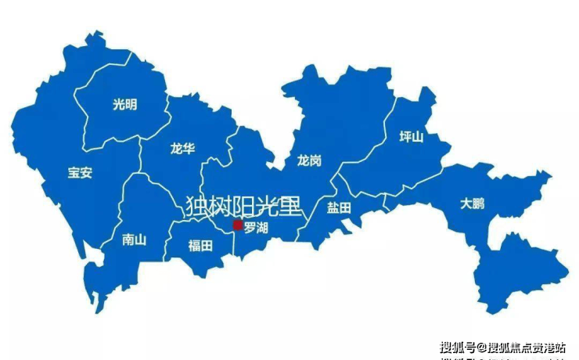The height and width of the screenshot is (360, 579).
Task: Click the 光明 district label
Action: (124, 104)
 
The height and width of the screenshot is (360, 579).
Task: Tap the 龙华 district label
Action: (182, 149)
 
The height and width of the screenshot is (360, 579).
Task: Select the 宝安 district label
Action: (80, 173)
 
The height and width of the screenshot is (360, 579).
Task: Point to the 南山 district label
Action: (135, 240)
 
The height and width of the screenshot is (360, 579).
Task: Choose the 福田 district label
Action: (200, 246)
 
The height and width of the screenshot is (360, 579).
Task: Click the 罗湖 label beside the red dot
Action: (256, 229)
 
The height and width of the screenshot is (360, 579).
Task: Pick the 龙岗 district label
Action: (309, 160)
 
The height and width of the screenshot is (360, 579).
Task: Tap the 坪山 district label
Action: (412, 137)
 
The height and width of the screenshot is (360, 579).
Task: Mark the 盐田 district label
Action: (338, 208)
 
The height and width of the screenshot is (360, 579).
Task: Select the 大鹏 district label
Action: (472, 203)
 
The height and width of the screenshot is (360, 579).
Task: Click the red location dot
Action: (238, 225)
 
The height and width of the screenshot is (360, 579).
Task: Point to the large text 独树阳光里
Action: (243, 206)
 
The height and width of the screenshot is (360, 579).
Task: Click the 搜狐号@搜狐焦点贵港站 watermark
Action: (502, 347)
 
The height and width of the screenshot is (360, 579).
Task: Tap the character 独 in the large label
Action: (197, 206)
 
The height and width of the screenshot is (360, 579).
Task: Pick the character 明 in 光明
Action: (131, 104)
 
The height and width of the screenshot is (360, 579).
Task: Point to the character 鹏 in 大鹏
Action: (478, 203)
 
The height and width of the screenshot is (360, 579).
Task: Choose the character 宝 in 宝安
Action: (74, 173)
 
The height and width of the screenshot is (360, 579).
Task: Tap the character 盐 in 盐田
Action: (332, 208)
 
